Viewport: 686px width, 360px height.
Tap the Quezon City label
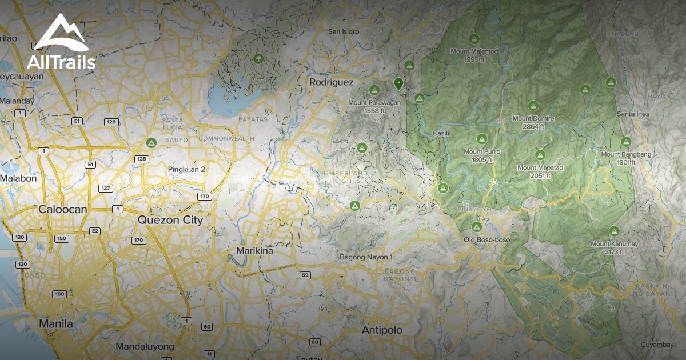[x=170, y=220]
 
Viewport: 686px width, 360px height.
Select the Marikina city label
[x=254, y=251]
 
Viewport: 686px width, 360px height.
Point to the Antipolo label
[x=382, y=330]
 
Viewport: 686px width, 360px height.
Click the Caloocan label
[x=62, y=209]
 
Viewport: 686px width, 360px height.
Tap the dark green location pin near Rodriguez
[x=399, y=84]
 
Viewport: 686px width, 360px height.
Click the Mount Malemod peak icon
[x=473, y=39]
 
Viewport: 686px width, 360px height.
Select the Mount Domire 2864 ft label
[x=533, y=122]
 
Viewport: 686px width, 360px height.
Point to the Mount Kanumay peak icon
[x=615, y=231]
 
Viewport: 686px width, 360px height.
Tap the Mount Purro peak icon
[x=481, y=139]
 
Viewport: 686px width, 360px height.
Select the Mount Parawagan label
[x=374, y=106]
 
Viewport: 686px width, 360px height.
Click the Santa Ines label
[x=633, y=114]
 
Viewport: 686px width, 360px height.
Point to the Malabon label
[x=18, y=178]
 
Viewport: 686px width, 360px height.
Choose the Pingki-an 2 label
[x=186, y=169]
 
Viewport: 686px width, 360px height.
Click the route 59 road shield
[x=305, y=275]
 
